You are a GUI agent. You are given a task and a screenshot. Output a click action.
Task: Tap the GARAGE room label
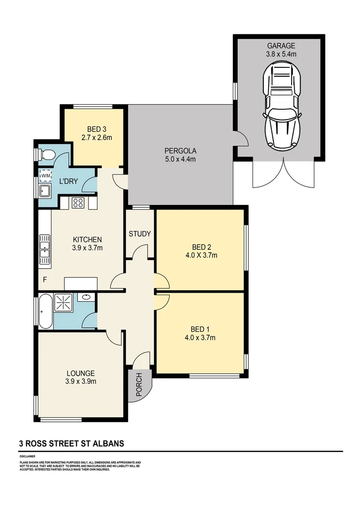click(x=281, y=46)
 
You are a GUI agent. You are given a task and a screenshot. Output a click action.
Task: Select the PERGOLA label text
click(x=180, y=151)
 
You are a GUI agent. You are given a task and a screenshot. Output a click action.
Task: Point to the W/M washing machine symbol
click(x=46, y=176)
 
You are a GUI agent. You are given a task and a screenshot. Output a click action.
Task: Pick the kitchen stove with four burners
click(x=78, y=203)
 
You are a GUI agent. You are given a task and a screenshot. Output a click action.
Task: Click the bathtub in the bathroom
click(x=46, y=312)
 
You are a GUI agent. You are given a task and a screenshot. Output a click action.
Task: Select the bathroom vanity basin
click(x=86, y=297)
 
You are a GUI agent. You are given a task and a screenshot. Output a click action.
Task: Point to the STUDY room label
click(x=140, y=234)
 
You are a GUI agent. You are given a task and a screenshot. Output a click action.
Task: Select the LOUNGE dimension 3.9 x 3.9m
click(x=81, y=381)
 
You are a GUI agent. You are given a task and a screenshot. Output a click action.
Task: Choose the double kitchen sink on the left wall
click(x=45, y=248)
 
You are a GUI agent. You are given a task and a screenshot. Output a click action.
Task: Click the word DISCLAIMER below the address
click(x=28, y=457)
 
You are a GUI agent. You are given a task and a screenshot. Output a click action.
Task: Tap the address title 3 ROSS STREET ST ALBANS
click(x=72, y=443)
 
